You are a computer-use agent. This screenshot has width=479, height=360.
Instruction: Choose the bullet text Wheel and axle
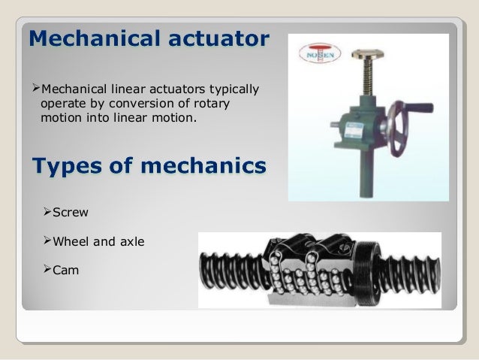tap(98, 242)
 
